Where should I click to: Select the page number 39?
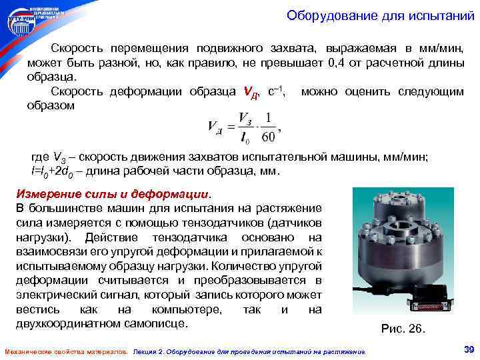(467, 349)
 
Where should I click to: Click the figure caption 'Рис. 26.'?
(402, 329)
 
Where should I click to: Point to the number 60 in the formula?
(269, 137)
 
